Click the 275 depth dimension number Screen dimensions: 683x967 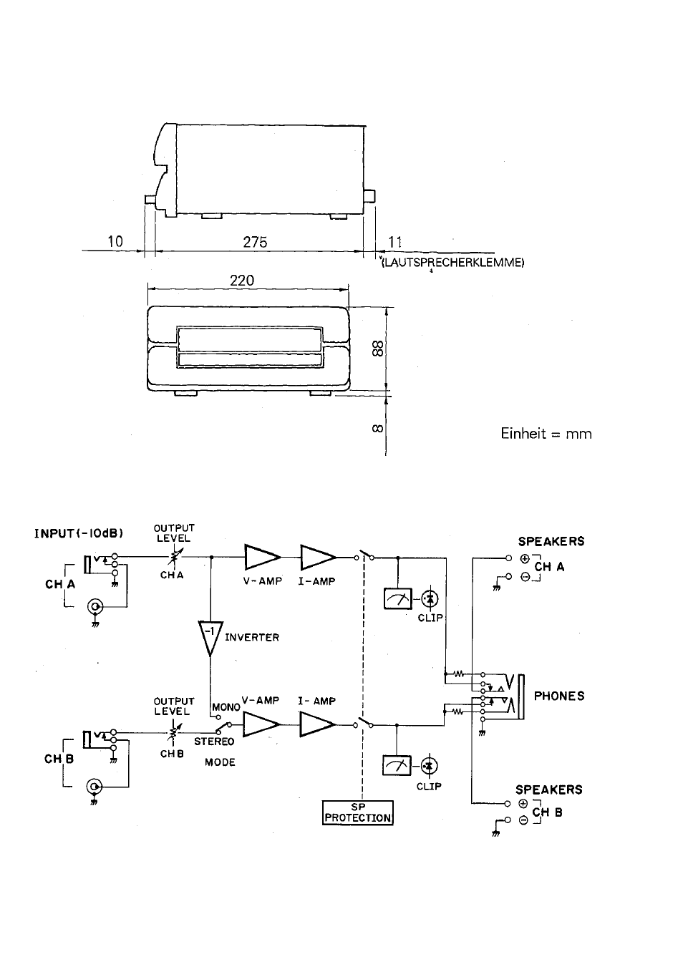pos(255,242)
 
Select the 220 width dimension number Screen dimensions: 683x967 pos(242,281)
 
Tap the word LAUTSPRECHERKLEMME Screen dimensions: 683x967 pos(453,263)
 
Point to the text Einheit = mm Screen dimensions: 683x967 pos(546,434)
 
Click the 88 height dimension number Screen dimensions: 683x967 pos(377,349)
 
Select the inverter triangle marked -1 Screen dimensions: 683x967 pos(210,638)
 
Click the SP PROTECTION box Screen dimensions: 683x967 pos(358,812)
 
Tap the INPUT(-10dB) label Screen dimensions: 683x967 pos(79,533)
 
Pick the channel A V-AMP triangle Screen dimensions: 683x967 pos(262,558)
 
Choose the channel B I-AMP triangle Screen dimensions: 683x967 pos(317,724)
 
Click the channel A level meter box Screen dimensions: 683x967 pos(397,599)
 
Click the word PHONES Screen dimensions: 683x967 pos(559,696)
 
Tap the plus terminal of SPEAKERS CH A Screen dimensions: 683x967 pos(525,558)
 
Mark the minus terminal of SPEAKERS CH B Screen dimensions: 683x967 pos(523,820)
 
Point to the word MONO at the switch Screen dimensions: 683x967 pos(226,708)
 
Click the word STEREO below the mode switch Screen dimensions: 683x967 pos(214,742)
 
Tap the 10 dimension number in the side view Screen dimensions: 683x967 pos(115,241)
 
